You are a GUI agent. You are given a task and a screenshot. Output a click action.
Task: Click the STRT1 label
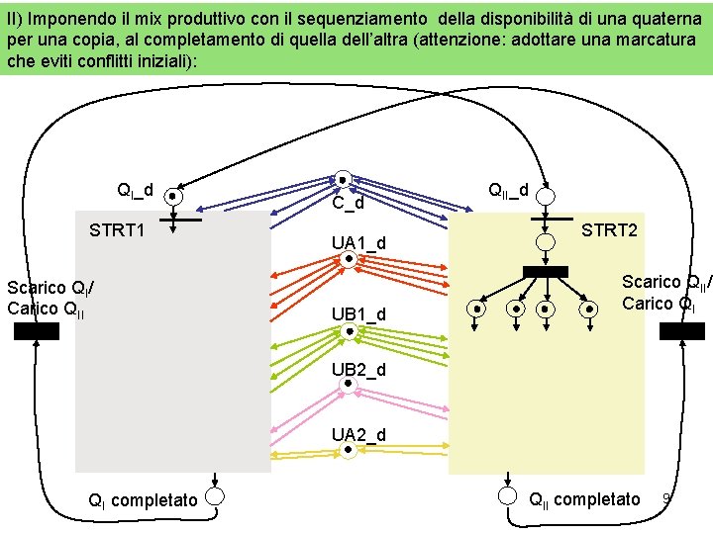point(118,230)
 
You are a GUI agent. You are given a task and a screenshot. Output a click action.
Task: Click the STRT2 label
point(609,230)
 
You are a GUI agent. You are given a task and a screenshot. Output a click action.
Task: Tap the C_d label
point(348,204)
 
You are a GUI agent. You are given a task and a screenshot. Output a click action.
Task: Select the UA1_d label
point(358,243)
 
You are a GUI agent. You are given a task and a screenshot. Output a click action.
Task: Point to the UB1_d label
point(358,314)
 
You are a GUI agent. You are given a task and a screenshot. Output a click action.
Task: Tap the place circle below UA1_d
point(349,261)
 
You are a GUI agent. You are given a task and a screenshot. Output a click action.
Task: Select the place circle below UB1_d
point(349,332)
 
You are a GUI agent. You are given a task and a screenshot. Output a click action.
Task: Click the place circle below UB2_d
point(349,389)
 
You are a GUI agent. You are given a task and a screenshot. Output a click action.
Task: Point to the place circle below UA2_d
point(349,453)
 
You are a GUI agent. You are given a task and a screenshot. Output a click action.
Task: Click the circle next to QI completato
point(215,496)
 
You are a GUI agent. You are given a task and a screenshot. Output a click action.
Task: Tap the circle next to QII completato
point(508,496)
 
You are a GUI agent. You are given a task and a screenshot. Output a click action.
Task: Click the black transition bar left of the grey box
point(37,331)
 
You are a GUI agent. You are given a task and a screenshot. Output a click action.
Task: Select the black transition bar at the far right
point(682,331)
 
